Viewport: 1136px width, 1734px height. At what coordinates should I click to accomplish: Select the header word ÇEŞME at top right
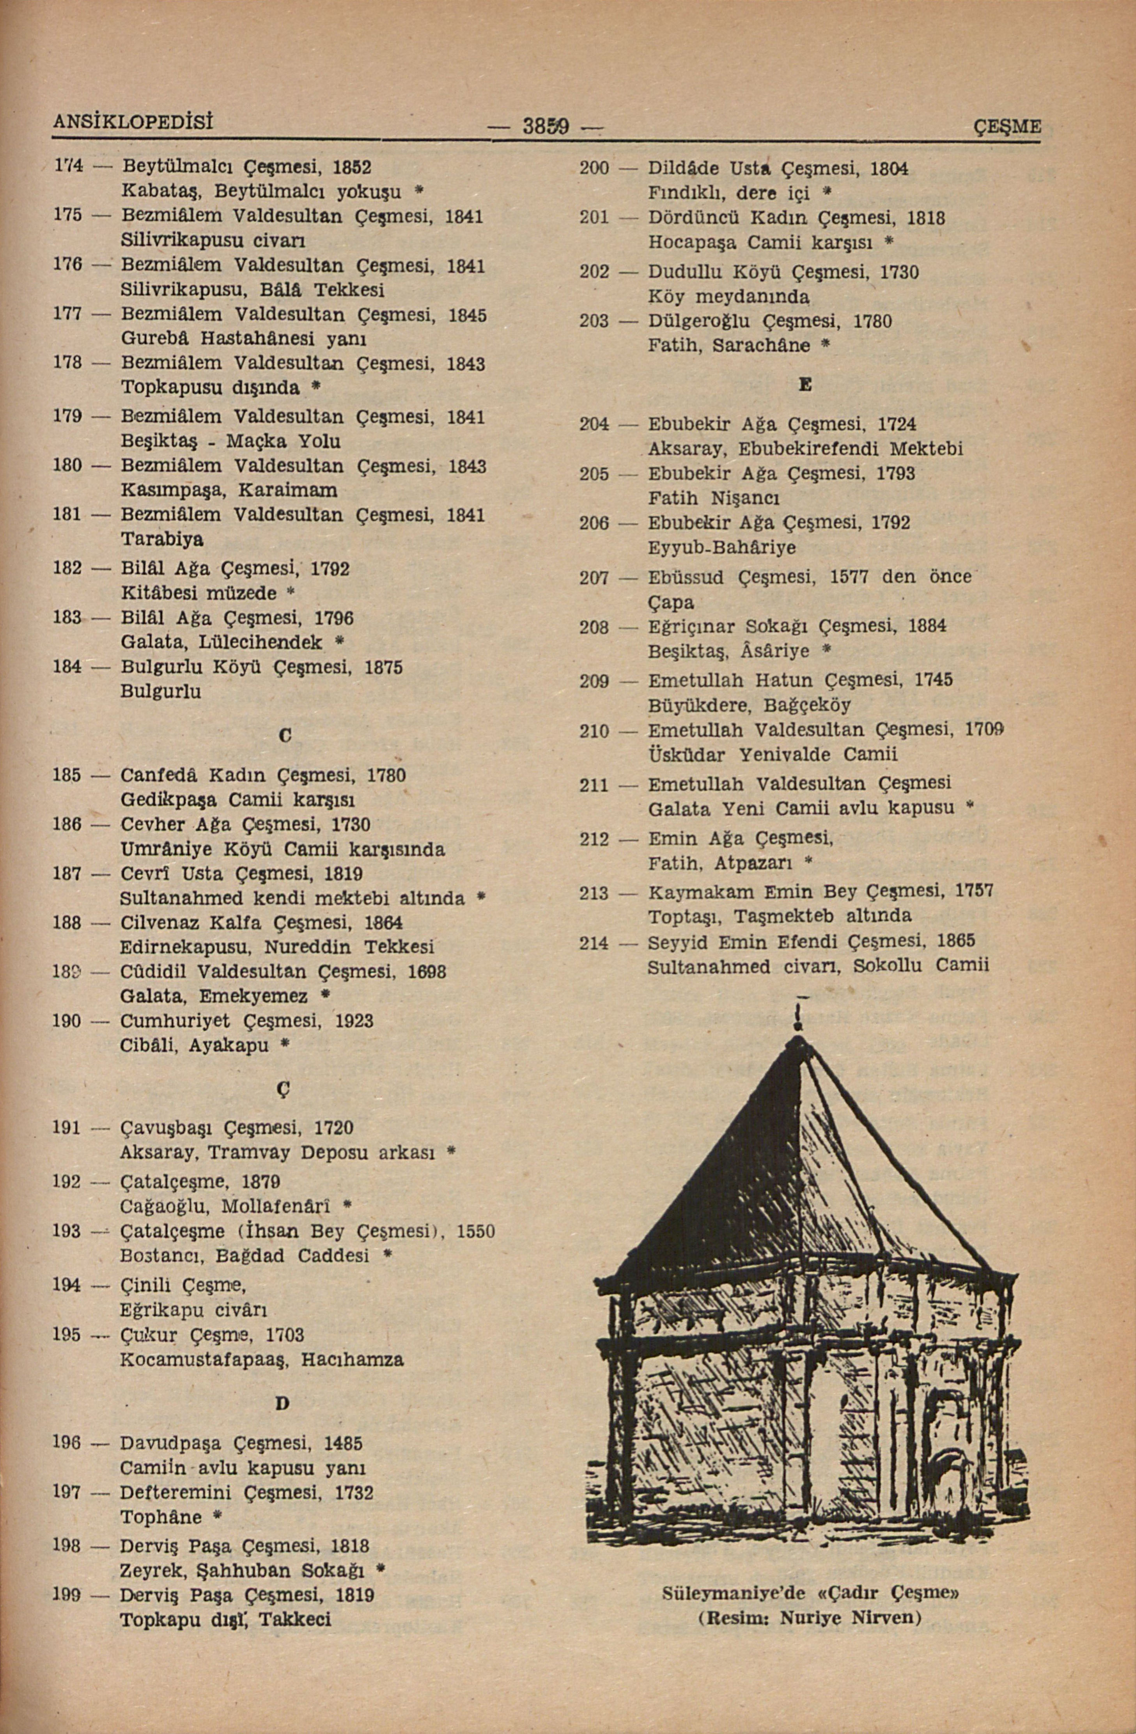1008,127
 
